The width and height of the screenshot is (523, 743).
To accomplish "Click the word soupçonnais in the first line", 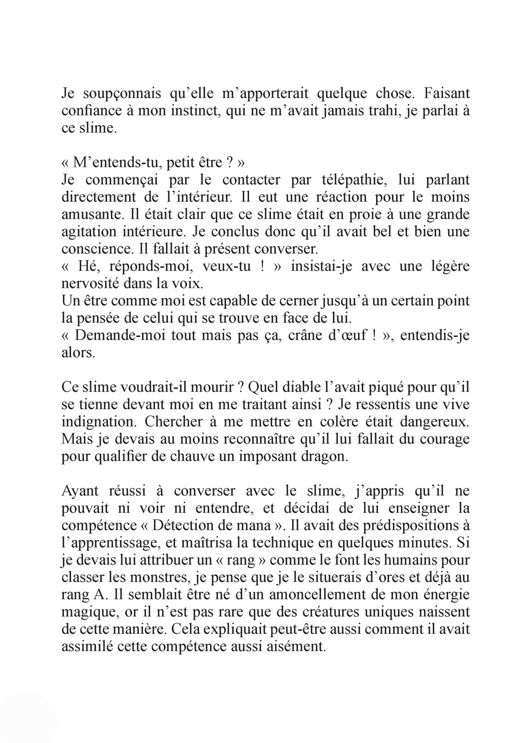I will (x=117, y=94).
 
